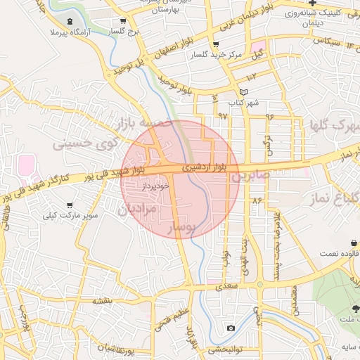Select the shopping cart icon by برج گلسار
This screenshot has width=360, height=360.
[124, 22]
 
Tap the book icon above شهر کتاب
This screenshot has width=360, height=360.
[243, 92]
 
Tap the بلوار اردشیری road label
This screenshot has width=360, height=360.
[205, 169]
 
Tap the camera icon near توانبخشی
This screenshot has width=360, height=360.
[231, 328]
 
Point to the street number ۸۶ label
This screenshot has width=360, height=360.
[256, 202]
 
